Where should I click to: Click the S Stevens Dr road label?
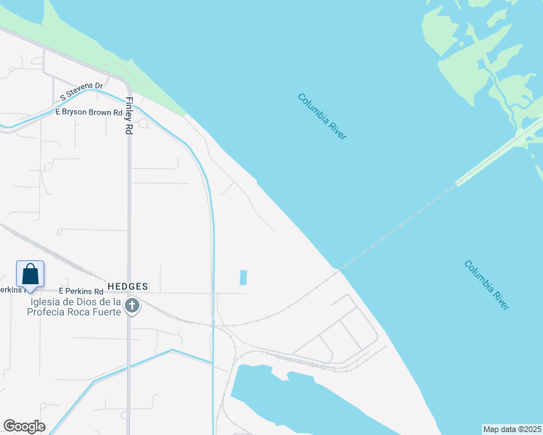(x=82, y=91)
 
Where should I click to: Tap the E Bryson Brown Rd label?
(x=89, y=112)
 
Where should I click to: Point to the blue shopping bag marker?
(x=30, y=275)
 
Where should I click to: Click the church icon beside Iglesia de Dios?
(x=131, y=306)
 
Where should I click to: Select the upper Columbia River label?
(x=322, y=117)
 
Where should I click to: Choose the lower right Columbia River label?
(x=486, y=285)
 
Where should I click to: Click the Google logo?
(x=24, y=426)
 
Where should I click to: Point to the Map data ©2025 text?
(x=512, y=428)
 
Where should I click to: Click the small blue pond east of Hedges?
(x=243, y=277)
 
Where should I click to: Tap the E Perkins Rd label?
(x=73, y=291)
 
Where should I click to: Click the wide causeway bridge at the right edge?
(x=501, y=152)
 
